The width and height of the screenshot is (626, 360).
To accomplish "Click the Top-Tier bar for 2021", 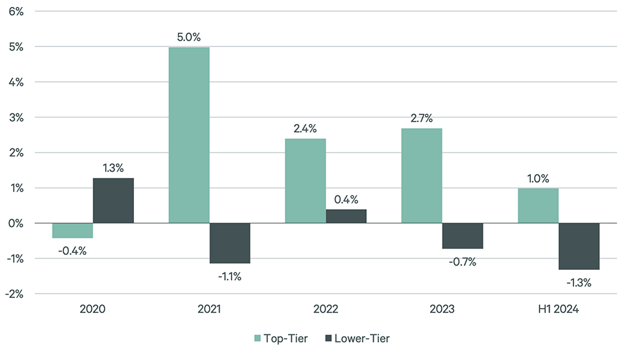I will tap(189, 135).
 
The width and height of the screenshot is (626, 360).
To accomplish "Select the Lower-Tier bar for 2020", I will tap(113, 200).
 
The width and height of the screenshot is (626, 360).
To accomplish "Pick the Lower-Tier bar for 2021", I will tap(230, 243).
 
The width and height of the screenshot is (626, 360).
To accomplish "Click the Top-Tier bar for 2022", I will tap(305, 181).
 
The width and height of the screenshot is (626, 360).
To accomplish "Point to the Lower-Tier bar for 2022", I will tap(346, 216).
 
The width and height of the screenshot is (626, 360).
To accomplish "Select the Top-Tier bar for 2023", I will tap(422, 175).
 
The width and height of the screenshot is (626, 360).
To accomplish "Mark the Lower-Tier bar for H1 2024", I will tap(579, 246).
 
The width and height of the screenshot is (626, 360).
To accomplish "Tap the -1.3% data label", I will tap(579, 282).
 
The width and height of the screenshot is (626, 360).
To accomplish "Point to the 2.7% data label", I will tap(422, 118).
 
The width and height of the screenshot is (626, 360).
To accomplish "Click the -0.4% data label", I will tap(73, 251).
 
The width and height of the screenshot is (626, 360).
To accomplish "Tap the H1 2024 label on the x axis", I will tap(538, 309).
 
